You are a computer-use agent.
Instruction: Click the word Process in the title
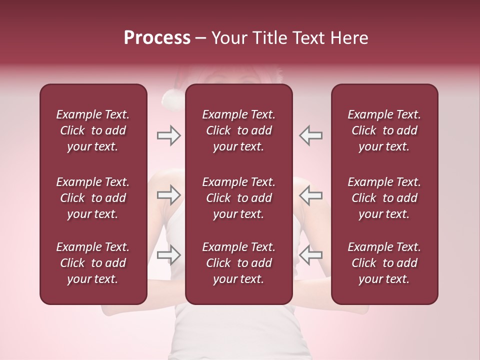(157, 38)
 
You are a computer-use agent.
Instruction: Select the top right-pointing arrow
(168, 135)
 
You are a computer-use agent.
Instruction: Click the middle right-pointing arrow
(168, 195)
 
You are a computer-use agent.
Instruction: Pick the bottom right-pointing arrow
(168, 254)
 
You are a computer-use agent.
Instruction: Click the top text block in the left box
(93, 130)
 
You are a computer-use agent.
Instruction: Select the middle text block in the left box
(93, 198)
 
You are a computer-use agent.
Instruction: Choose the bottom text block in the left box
(93, 263)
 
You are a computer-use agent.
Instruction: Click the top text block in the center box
(239, 130)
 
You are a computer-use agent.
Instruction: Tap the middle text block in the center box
(239, 198)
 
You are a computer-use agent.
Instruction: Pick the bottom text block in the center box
(239, 263)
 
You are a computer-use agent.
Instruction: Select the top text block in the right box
(384, 130)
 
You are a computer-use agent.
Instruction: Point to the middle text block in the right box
(384, 198)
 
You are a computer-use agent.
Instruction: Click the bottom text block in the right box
(384, 263)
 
